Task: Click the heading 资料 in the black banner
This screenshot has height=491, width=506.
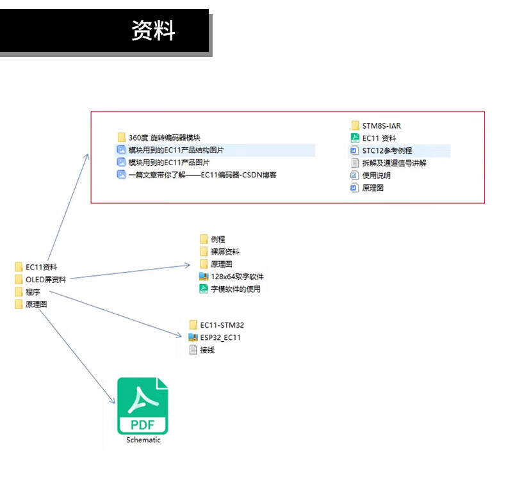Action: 153,30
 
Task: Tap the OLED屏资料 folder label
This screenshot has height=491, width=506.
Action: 45,279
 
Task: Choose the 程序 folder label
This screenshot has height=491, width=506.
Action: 33,292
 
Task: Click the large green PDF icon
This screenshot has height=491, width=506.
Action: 142,406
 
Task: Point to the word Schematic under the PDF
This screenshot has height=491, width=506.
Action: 143,440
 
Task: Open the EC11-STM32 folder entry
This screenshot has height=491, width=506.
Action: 222,325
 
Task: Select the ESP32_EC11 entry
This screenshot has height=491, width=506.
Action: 220,337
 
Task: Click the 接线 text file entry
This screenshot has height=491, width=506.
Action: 207,350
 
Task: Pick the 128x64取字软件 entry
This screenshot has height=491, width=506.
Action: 237,277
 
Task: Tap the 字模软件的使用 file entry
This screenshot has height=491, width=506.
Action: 235,289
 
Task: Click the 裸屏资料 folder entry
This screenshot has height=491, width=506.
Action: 225,252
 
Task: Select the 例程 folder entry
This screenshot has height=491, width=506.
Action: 218,239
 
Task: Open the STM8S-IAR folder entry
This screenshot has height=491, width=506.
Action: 381,125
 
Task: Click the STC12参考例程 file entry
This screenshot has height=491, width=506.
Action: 387,150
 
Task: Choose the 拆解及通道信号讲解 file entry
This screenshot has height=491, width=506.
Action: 394,163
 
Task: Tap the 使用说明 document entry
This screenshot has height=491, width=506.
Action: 376,175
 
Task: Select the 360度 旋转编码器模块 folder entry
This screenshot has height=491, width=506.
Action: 165,138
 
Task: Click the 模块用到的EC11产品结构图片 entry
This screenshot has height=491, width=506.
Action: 176,150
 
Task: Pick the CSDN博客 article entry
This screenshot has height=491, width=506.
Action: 202,175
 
